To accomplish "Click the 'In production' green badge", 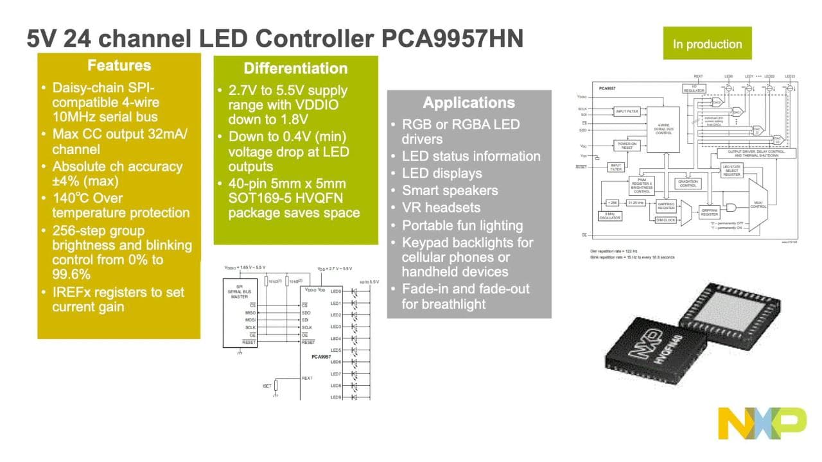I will pyautogui.click(x=707, y=44).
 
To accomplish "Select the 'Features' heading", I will pyautogui.click(x=119, y=65).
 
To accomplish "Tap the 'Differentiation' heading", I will pyautogui.click(x=295, y=69).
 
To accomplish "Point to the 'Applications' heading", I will pyautogui.click(x=469, y=103).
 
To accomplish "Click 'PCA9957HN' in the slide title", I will pyautogui.click(x=453, y=39).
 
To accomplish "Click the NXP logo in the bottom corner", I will pyautogui.click(x=762, y=423).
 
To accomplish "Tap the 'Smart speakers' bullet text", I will pyautogui.click(x=450, y=191).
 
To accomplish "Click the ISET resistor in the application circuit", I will pyautogui.click(x=276, y=385).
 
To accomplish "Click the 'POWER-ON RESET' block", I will pyautogui.click(x=626, y=146).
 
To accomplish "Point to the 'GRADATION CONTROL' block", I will pyautogui.click(x=687, y=183).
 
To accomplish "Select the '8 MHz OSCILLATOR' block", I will pyautogui.click(x=609, y=217).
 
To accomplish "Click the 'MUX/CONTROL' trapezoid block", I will pyautogui.click(x=758, y=205).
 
